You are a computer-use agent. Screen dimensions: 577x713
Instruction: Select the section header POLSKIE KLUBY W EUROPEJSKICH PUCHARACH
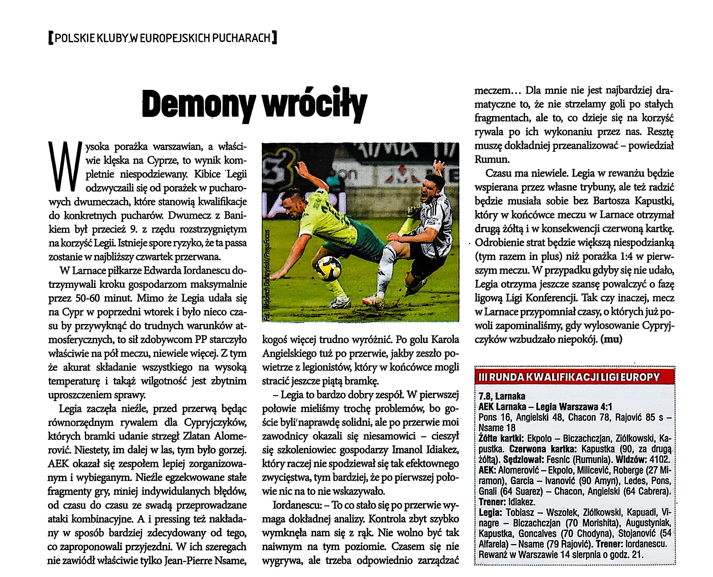[x=163, y=38]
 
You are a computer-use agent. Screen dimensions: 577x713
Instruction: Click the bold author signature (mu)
[x=611, y=340]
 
